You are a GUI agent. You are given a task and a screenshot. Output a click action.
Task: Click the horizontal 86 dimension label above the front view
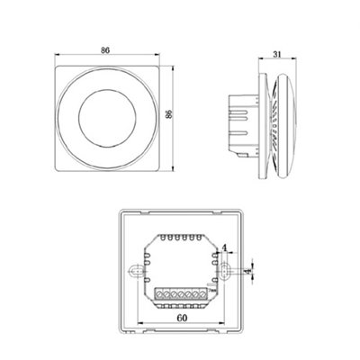click(x=105, y=50)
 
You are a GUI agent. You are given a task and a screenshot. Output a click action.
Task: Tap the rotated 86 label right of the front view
click(x=169, y=114)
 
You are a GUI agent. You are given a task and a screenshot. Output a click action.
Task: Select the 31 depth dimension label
click(x=277, y=54)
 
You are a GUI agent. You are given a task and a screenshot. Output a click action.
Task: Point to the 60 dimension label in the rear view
click(x=182, y=318)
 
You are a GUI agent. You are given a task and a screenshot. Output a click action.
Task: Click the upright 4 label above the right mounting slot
click(x=224, y=247)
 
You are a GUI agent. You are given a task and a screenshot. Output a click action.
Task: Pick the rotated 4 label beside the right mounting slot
click(x=247, y=272)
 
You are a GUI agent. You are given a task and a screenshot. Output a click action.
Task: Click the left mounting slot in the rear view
click(x=136, y=271)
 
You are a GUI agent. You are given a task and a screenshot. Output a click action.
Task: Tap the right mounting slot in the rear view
click(x=225, y=271)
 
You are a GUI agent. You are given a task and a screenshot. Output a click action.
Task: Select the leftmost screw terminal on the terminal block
click(x=159, y=295)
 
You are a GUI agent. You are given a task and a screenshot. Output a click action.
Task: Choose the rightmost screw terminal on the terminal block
click(x=203, y=295)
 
